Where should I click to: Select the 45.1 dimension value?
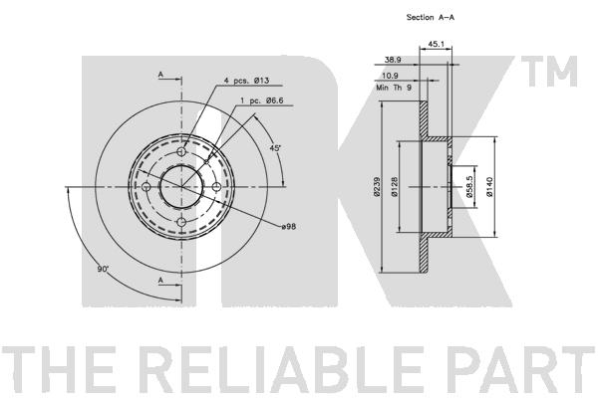(436, 43)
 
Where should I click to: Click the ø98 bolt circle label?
(289, 228)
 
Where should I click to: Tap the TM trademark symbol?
(558, 71)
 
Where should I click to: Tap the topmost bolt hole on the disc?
(182, 151)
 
